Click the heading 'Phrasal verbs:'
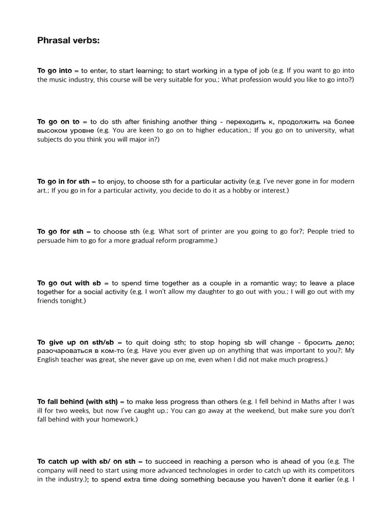pos(68,40)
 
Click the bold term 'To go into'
pos(55,71)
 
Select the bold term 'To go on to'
pos(59,122)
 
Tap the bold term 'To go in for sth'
pos(63,181)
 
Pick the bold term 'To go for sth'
pos(60,231)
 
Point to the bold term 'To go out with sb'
pos(69,283)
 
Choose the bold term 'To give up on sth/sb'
pos(80,342)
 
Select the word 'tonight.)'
pos(72,301)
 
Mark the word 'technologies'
pos(199,470)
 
